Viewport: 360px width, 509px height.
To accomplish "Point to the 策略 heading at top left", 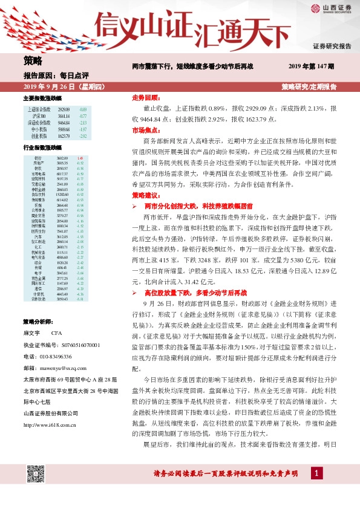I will [33, 60].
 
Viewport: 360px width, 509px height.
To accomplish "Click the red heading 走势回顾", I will [145, 97].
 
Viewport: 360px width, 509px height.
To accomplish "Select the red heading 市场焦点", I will [145, 129].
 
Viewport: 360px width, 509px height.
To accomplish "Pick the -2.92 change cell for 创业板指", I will [83, 137].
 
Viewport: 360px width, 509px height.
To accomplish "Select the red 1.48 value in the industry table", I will [80, 158].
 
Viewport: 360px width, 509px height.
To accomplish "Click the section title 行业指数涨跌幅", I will [42, 148].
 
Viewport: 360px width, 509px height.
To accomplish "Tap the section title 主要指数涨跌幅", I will [42, 98].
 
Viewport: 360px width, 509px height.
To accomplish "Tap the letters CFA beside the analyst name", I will [56, 333].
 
